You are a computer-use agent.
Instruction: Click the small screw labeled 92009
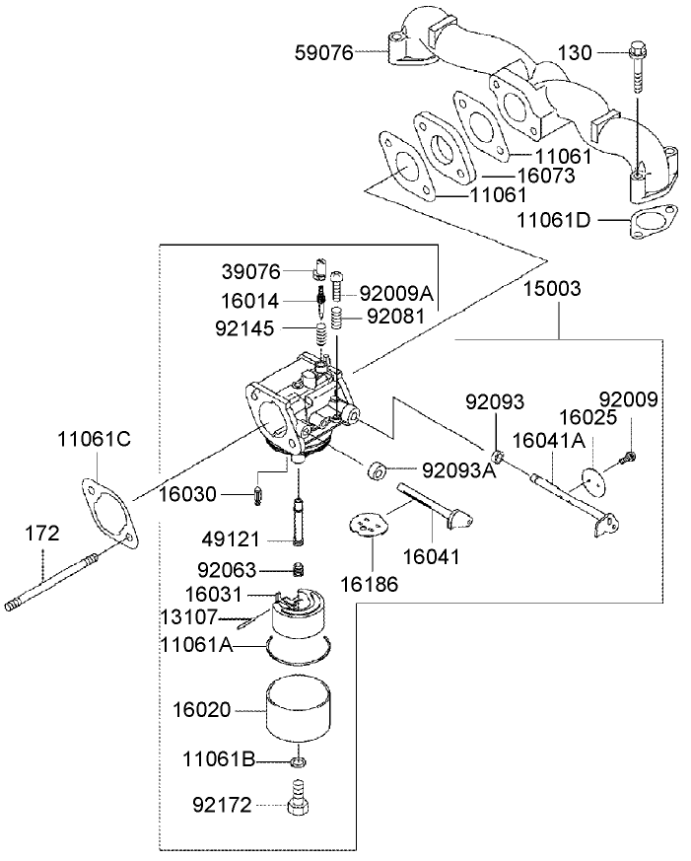[628, 457]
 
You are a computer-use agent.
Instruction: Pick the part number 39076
[251, 270]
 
